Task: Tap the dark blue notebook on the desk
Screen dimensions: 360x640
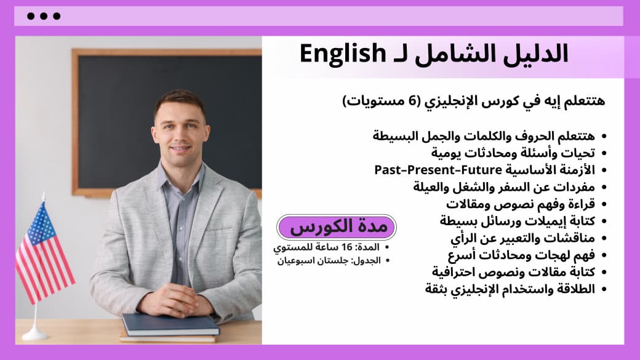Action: click(x=170, y=324)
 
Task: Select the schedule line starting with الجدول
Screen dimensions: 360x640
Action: click(x=333, y=260)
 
